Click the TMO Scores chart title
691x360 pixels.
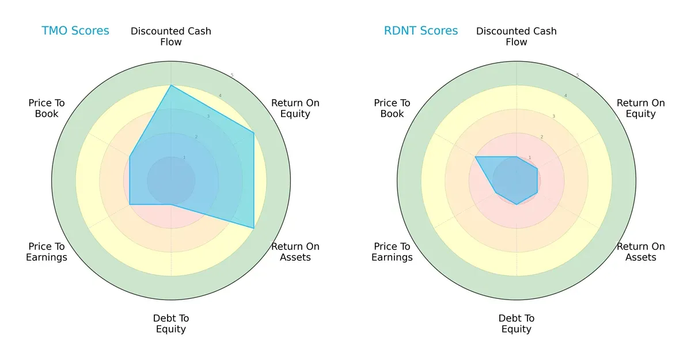coord(75,31)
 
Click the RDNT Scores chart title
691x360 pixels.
coord(420,31)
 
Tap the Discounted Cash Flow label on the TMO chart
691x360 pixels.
coord(171,36)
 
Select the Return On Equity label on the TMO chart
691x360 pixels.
coord(295,108)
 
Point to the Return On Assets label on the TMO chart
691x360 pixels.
coord(295,252)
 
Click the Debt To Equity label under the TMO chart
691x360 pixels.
coord(171,324)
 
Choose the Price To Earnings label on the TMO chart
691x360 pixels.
coord(47,252)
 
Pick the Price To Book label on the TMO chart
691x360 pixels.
coord(47,108)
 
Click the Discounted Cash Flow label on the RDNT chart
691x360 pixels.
coord(517,36)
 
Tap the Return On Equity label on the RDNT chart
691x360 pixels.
coord(640,108)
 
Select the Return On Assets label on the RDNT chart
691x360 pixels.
coord(640,252)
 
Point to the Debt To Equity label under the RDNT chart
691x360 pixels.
coord(517,324)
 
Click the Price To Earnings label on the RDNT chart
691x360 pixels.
coord(392,252)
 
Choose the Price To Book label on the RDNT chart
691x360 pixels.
coord(392,108)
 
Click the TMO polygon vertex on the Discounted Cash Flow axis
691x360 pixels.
coord(171,85)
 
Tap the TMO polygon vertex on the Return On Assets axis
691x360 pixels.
coord(254,228)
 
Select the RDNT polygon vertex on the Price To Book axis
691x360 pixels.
coord(475,157)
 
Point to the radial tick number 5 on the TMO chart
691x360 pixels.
coord(232,75)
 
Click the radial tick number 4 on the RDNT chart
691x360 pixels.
coord(565,96)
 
